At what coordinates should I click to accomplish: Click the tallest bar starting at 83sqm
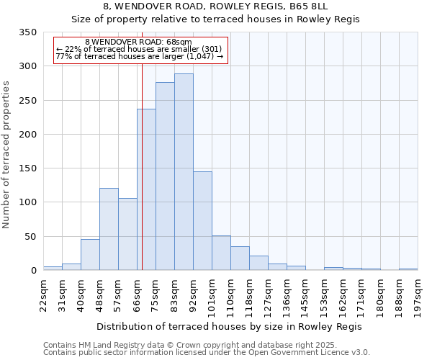(x=184, y=172)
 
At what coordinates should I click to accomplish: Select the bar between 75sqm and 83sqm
(x=165, y=176)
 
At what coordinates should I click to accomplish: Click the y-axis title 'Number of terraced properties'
(x=7, y=154)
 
